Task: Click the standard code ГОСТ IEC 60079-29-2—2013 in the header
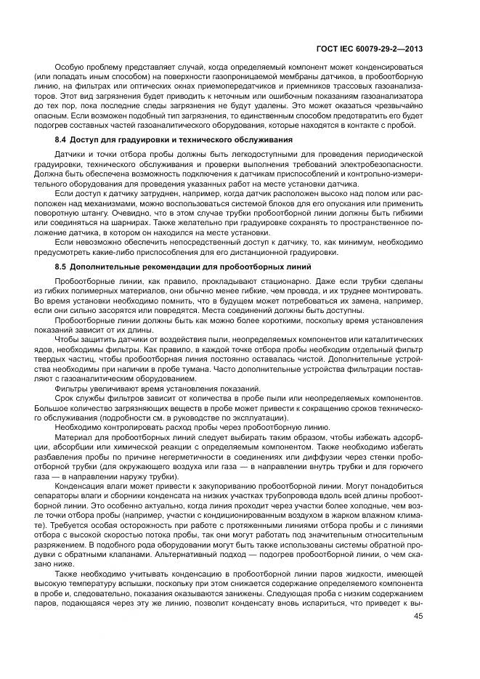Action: point(370,49)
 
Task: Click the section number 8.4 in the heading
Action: point(61,139)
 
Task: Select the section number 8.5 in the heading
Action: point(61,267)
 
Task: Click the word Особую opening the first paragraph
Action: point(70,68)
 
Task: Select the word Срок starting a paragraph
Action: point(65,398)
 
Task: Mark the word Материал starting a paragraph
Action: point(73,439)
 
